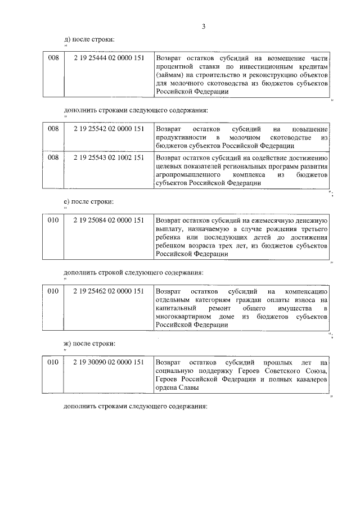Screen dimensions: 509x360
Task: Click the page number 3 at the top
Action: tap(204, 26)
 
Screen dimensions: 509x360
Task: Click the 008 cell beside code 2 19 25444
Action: tap(53, 57)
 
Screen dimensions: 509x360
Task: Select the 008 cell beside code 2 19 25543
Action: tap(53, 158)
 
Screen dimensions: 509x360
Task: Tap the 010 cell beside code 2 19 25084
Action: tap(53, 220)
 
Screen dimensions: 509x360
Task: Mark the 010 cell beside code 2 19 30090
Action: tap(53, 363)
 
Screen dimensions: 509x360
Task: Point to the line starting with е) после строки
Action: tap(89, 201)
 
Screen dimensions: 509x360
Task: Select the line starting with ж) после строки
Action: tap(91, 344)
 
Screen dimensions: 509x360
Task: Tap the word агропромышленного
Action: tap(188, 175)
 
